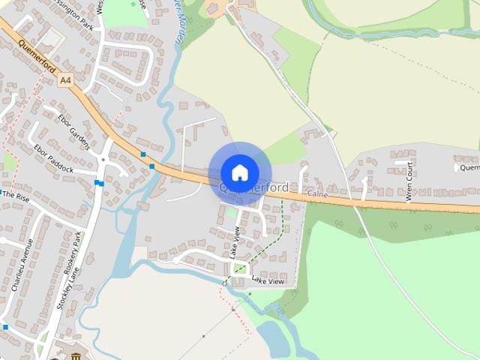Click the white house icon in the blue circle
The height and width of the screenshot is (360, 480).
click(x=239, y=172)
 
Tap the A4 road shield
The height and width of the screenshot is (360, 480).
click(x=66, y=78)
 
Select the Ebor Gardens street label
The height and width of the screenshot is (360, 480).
click(x=71, y=127)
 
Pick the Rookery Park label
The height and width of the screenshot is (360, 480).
click(x=80, y=259)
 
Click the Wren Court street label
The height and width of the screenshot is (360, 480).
click(x=409, y=181)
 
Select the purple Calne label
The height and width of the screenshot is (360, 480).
click(x=318, y=194)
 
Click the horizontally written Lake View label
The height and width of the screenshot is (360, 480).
click(x=268, y=281)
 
